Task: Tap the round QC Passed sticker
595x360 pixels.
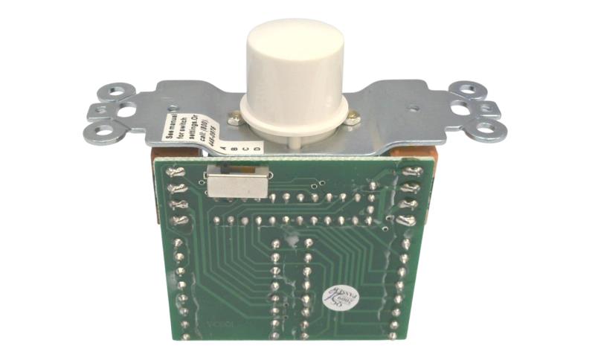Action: click(x=335, y=300)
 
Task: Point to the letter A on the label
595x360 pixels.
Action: click(x=225, y=147)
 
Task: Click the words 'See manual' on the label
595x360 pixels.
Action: click(x=169, y=129)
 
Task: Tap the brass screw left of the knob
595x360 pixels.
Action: click(x=235, y=115)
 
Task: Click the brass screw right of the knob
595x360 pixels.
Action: click(x=354, y=116)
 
